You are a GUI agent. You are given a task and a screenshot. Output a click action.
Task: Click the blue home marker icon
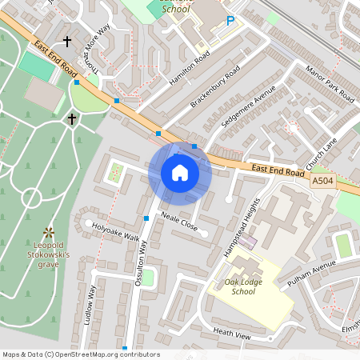[x=180, y=173]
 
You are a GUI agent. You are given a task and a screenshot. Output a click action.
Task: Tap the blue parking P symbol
[x=231, y=21]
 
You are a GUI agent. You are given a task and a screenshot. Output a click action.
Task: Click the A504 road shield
[x=322, y=182]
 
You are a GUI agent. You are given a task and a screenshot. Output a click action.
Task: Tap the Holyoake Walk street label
[x=115, y=233]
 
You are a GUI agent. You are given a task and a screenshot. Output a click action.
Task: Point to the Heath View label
[x=232, y=334]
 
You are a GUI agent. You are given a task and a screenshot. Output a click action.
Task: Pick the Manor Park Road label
[x=329, y=85]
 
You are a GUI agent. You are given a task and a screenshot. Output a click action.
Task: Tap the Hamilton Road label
[x=190, y=67]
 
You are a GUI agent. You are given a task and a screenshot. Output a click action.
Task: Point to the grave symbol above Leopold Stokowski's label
[x=50, y=231]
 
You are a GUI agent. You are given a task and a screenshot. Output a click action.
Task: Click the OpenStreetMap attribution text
[x=80, y=354]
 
